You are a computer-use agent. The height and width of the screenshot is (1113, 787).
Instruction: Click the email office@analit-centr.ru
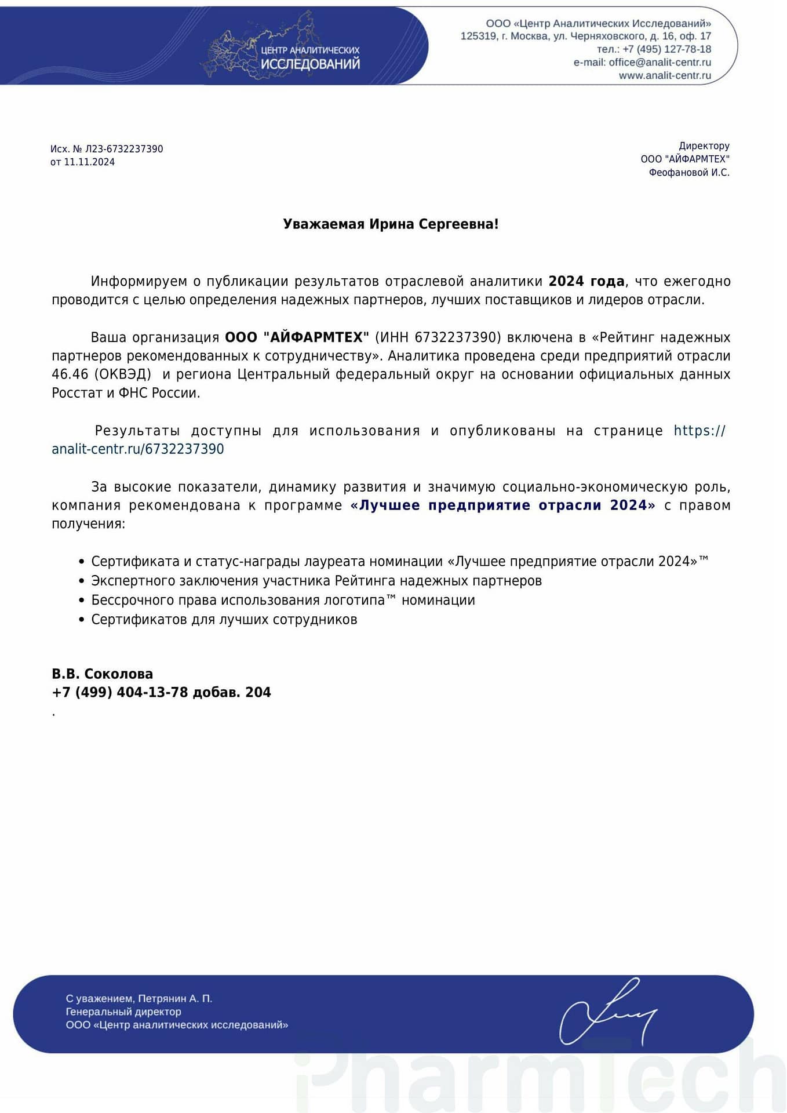[660, 63]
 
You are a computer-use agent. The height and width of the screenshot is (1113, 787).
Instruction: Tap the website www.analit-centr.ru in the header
[665, 75]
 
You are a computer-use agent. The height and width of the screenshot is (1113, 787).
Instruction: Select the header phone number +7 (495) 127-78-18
[666, 49]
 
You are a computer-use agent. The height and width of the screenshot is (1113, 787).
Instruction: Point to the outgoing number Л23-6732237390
[124, 149]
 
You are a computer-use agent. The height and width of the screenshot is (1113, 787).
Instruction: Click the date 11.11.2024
[89, 162]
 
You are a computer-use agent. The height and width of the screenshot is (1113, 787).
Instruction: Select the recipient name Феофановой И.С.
[689, 173]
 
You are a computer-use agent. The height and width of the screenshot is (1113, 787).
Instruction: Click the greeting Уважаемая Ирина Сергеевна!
[391, 224]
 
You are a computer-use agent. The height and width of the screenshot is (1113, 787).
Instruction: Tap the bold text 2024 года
[586, 282]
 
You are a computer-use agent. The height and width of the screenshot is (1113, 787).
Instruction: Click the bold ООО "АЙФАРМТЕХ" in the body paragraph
[297, 337]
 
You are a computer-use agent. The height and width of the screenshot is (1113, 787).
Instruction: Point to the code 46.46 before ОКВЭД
[70, 374]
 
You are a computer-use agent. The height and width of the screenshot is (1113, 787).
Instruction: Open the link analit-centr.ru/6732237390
[138, 449]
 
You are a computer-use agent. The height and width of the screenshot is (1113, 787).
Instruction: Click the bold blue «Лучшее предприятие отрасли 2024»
[502, 505]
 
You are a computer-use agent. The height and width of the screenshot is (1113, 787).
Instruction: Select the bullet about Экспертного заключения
[316, 581]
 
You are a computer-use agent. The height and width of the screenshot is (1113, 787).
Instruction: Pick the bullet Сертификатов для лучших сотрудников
[224, 620]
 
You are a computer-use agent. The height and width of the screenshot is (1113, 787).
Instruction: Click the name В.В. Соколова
[103, 674]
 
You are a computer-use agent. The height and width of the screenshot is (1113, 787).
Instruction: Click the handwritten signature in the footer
[606, 1012]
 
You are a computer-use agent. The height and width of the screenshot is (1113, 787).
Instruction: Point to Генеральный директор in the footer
[123, 1012]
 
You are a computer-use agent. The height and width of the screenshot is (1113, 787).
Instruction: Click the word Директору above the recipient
[704, 146]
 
